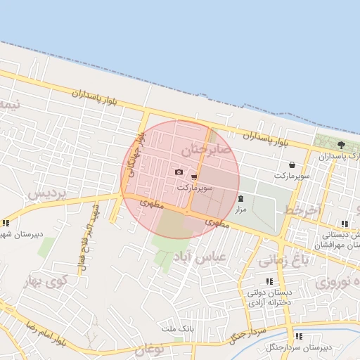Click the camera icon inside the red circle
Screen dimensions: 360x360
pos(179,172)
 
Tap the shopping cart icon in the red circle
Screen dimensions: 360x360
pos(194,177)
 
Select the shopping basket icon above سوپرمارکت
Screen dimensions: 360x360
pos(292,165)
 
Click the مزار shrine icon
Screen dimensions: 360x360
pos(241,199)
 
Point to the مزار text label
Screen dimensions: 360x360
pos(240,210)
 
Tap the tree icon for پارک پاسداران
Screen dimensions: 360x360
pos(341,144)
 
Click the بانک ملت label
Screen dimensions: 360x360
pos(176,328)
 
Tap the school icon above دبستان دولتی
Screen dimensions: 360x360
pos(269,281)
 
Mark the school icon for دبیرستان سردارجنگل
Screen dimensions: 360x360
pos(298,336)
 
